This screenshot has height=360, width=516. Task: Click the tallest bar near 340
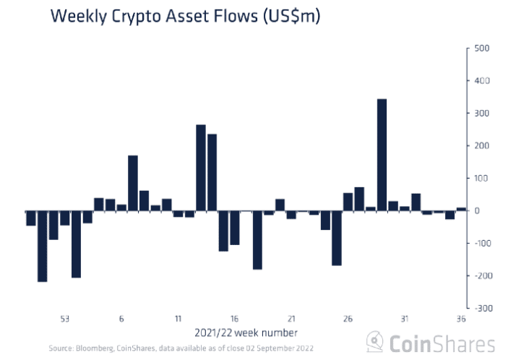(x=382, y=155)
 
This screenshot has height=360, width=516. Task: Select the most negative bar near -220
(x=42, y=246)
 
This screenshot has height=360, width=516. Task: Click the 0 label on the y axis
(x=476, y=210)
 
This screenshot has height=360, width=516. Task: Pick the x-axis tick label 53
(x=65, y=319)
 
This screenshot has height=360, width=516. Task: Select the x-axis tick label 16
(x=234, y=319)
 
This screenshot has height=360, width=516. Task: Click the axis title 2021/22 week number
(x=246, y=333)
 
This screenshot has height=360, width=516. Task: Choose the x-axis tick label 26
(x=348, y=319)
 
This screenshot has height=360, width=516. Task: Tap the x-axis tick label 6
(x=121, y=319)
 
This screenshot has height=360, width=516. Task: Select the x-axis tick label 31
(x=405, y=319)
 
